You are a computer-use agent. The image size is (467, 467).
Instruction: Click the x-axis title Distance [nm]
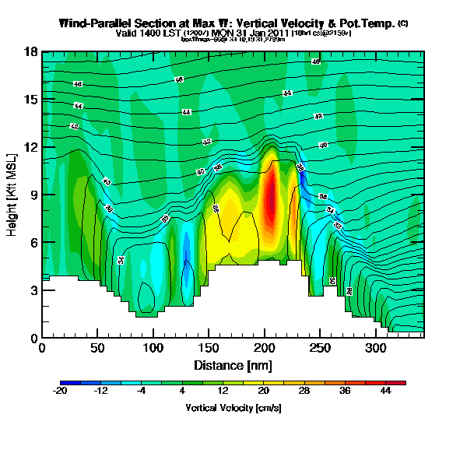pyautogui.click(x=231, y=365)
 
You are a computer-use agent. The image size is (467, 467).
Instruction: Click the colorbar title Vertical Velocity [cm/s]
pyautogui.click(x=233, y=407)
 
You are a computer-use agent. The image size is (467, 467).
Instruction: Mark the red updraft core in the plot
pyautogui.click(x=269, y=198)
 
